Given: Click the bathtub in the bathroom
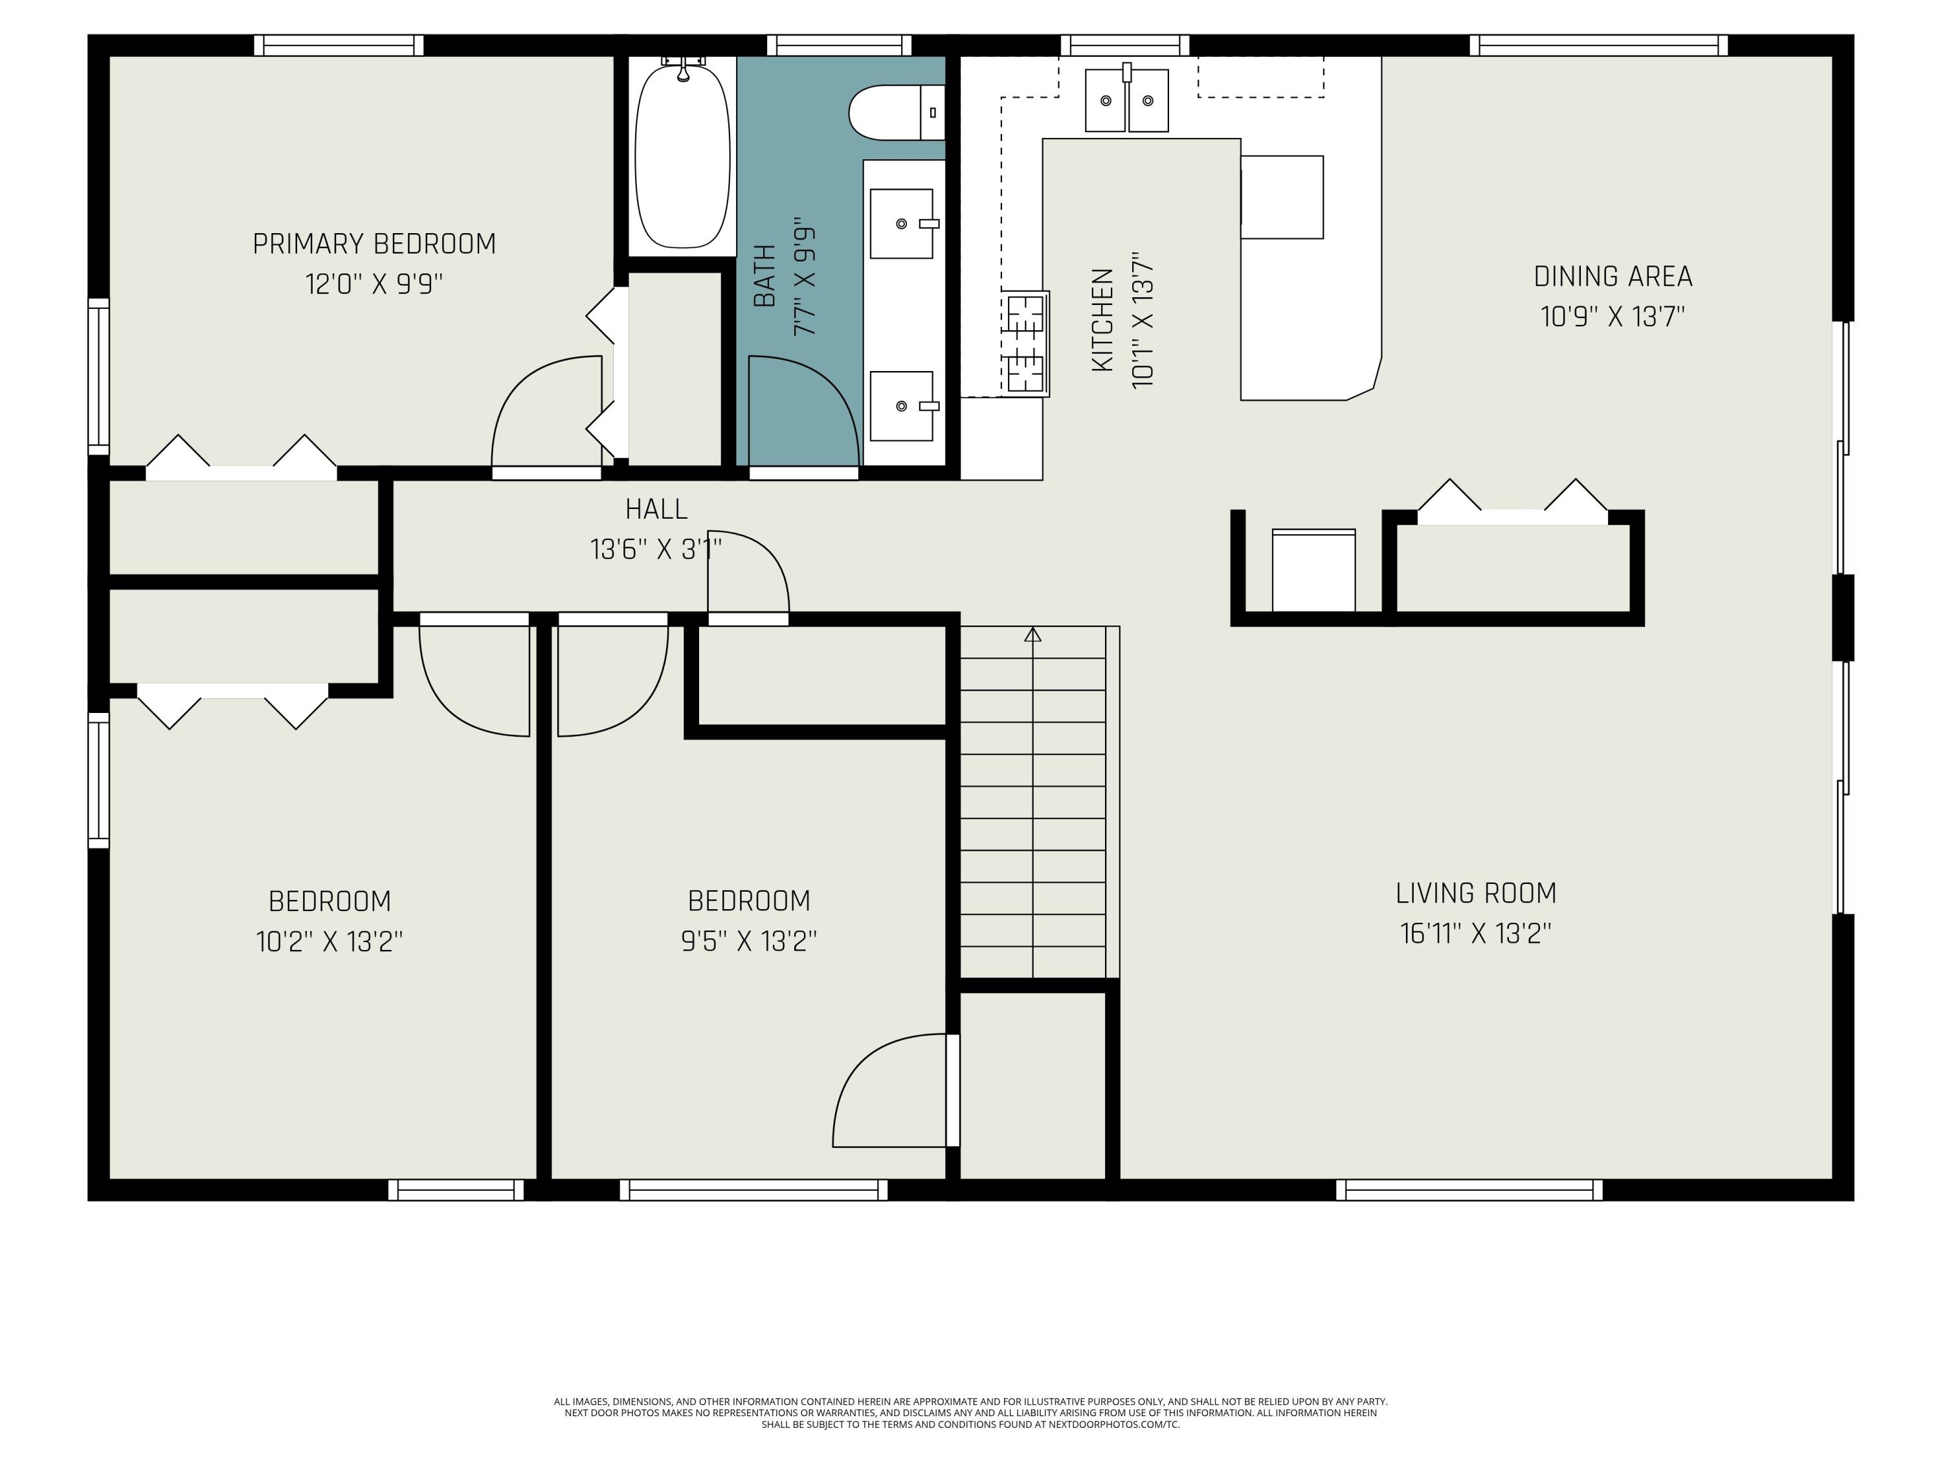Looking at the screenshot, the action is (682, 156).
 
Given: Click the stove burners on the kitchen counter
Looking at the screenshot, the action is (1025, 343).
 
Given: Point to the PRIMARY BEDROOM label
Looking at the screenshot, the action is (374, 243).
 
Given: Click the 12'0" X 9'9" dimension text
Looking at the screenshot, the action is (374, 284).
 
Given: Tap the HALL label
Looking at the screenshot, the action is (656, 508).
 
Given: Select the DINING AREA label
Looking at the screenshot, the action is (1613, 276).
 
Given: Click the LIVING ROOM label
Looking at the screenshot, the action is (1476, 892).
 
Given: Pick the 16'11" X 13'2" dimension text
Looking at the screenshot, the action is (1476, 932).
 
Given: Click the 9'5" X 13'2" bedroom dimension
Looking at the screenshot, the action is (749, 941).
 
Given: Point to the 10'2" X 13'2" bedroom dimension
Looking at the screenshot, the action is (329, 942).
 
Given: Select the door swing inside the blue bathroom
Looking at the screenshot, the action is (803, 411).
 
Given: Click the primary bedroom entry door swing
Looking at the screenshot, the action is (546, 411).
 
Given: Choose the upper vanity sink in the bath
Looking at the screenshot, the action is (902, 224).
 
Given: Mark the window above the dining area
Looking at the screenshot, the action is (1599, 46).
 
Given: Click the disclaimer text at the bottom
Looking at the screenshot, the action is (970, 1413).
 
